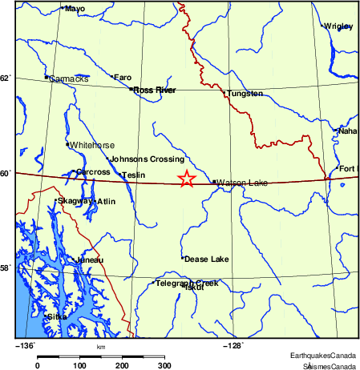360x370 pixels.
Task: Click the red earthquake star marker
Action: click(x=186, y=179)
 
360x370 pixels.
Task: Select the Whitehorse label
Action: click(x=93, y=145)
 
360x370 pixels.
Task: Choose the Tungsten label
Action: click(x=245, y=94)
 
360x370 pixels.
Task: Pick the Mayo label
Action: click(x=75, y=9)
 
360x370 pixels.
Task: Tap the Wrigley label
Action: click(x=339, y=26)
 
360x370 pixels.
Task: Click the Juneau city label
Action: click(x=89, y=260)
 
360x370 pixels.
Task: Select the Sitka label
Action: click(x=57, y=317)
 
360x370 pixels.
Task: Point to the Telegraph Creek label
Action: click(x=187, y=283)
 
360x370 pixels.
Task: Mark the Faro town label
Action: click(x=123, y=78)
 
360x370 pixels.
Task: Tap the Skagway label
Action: click(x=73, y=201)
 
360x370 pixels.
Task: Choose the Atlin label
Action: click(x=106, y=201)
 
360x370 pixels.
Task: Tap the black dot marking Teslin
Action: click(x=120, y=175)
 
